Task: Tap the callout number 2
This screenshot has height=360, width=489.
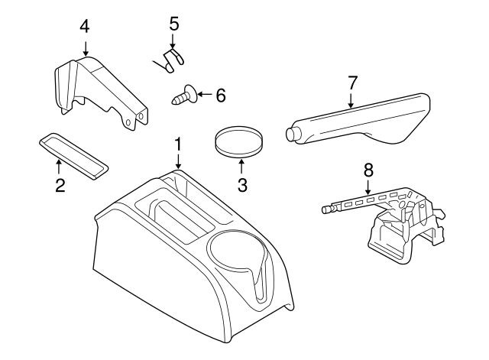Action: click(59, 184)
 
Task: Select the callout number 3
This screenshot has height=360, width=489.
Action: click(242, 184)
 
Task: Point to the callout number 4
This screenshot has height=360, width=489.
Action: click(85, 26)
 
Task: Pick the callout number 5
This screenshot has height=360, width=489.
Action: click(173, 24)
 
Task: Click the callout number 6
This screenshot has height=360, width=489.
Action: click(220, 96)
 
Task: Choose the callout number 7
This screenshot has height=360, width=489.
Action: click(351, 83)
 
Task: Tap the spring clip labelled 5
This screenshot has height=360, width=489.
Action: click(170, 59)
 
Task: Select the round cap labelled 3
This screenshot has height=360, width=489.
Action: click(237, 142)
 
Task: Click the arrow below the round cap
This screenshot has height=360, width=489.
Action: click(242, 164)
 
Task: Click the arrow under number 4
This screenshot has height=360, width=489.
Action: click(85, 45)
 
